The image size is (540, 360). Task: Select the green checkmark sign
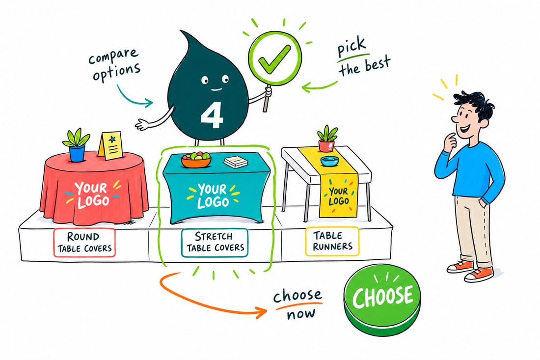[275, 58]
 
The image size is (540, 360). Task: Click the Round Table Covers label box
[84, 242]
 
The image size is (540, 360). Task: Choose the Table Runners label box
[332, 241]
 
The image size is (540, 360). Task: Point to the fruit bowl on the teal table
[195, 160]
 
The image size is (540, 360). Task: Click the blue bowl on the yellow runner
[329, 161]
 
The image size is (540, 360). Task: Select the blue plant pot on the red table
[77, 153]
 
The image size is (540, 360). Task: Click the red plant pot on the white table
[326, 145]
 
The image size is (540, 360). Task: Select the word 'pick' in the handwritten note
[351, 47]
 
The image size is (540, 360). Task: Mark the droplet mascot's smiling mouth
[216, 89]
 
